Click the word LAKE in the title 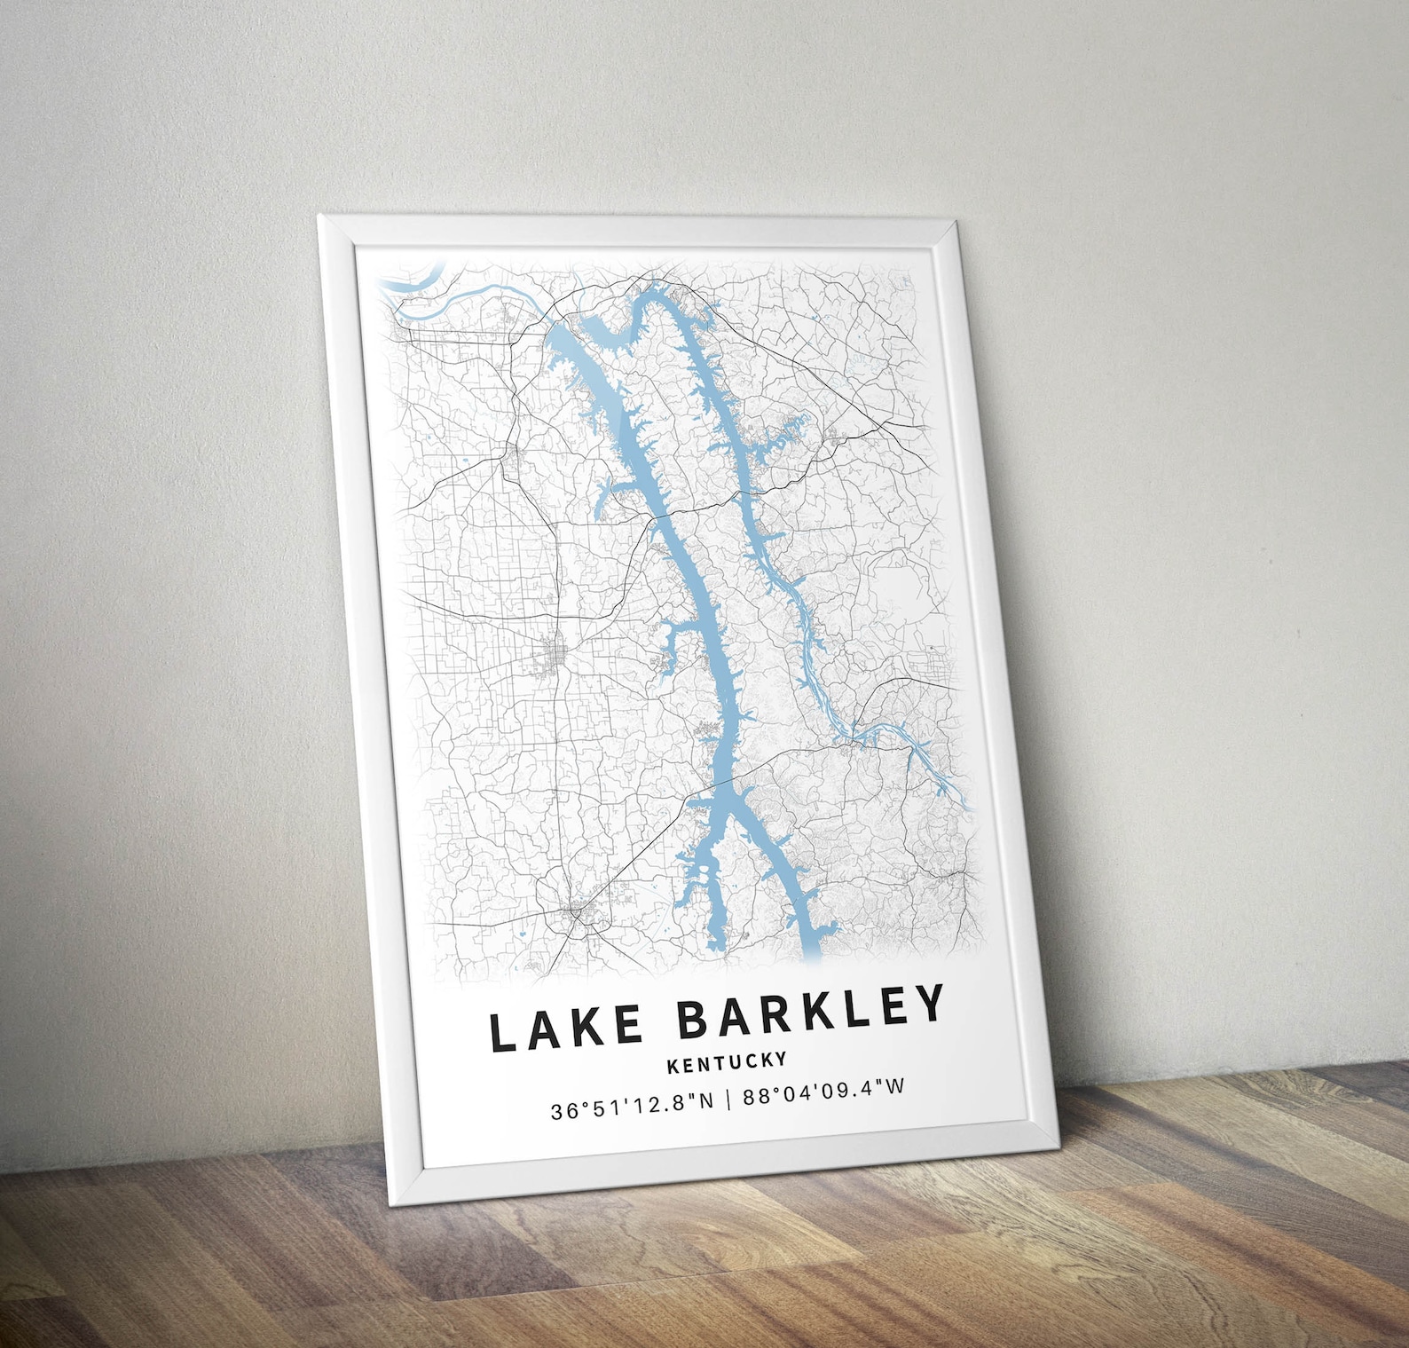tap(566, 1027)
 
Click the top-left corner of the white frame tap(319, 217)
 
